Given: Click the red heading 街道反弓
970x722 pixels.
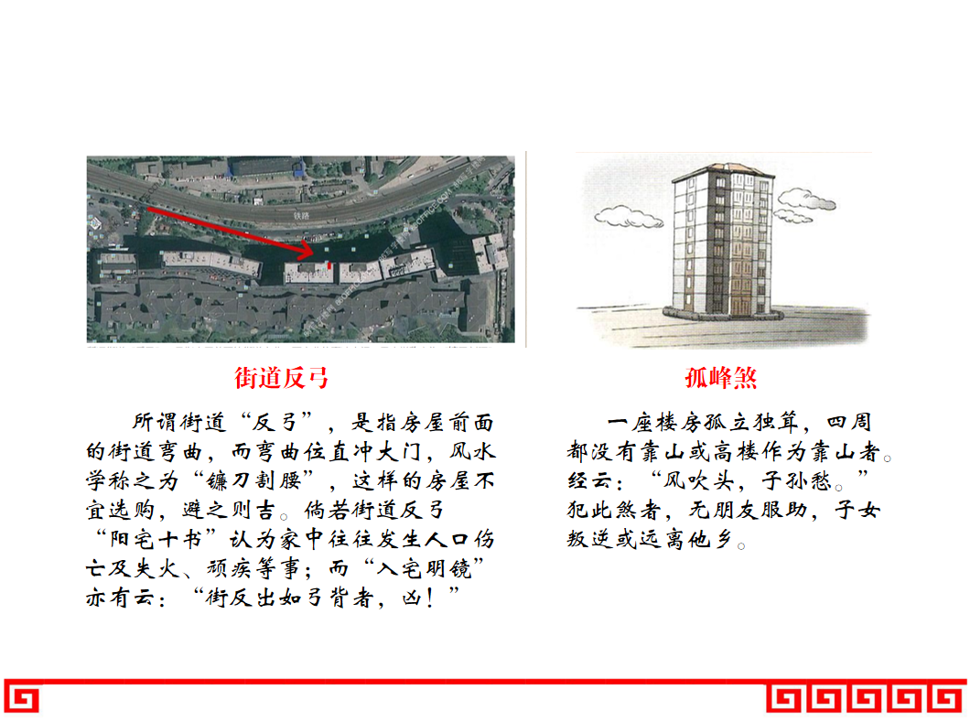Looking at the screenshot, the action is (282, 377).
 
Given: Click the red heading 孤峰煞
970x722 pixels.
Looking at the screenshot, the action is (721, 377).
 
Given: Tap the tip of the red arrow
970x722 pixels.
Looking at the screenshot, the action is (312, 252).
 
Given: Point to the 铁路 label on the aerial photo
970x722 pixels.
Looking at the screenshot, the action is (301, 216).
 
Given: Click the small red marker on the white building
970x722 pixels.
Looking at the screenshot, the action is (329, 266).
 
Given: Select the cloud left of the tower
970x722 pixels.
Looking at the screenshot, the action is (629, 217).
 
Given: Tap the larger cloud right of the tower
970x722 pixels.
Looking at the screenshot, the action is (807, 199).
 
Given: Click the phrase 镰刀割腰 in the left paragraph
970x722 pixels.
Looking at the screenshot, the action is (253, 480).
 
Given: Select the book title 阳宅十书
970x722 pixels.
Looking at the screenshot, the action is (156, 538).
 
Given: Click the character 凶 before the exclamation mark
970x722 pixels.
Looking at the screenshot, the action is (411, 597).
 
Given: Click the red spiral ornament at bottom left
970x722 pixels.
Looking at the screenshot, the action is (22, 699).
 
